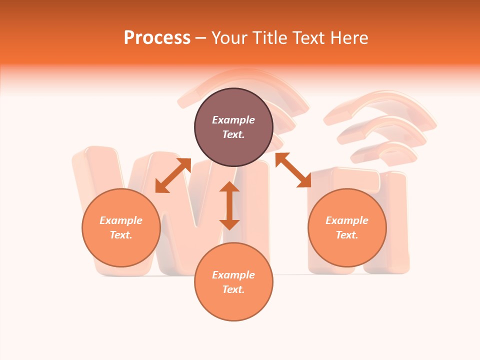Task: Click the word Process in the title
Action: pyautogui.click(x=157, y=38)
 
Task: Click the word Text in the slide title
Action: pyautogui.click(x=309, y=38)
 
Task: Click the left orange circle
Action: pyautogui.click(x=121, y=227)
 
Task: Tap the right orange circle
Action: pyautogui.click(x=347, y=227)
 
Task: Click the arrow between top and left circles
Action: pyautogui.click(x=173, y=175)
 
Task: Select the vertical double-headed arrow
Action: pyautogui.click(x=229, y=205)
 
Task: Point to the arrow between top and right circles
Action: pyautogui.click(x=293, y=170)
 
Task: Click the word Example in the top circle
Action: pyautogui.click(x=233, y=120)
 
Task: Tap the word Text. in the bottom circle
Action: pyautogui.click(x=233, y=289)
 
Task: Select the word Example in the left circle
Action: pyautogui.click(x=121, y=220)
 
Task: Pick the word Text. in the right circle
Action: pyautogui.click(x=347, y=235)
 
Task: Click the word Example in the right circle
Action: pyautogui.click(x=347, y=220)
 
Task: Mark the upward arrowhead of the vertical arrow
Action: pyautogui.click(x=229, y=186)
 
